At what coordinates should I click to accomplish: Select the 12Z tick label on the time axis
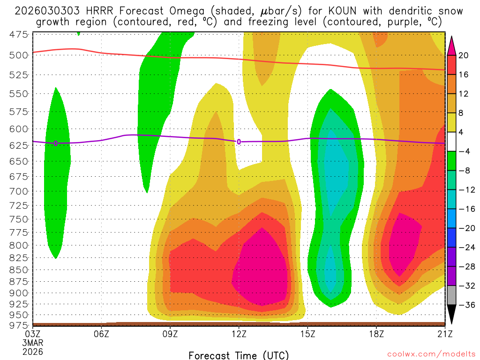239,334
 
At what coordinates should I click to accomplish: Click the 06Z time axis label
102,334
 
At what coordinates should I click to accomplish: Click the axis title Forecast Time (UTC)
239,355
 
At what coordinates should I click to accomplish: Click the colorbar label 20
464,55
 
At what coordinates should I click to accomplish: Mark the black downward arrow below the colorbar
452,315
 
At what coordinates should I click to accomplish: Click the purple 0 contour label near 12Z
239,142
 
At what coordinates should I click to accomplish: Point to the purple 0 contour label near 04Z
56,143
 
